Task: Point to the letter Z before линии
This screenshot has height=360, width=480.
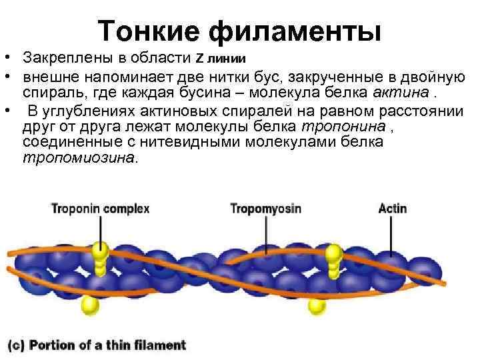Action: tap(198, 55)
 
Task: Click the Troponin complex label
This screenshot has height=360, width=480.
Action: tap(100, 209)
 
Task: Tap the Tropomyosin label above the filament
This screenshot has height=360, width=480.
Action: tap(266, 209)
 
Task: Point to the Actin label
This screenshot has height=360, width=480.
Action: tap(392, 209)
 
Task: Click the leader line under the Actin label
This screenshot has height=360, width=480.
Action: tap(392, 237)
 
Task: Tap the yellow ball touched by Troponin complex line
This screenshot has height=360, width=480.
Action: tap(101, 251)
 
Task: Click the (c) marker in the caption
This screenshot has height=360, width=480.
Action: tap(16, 345)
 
